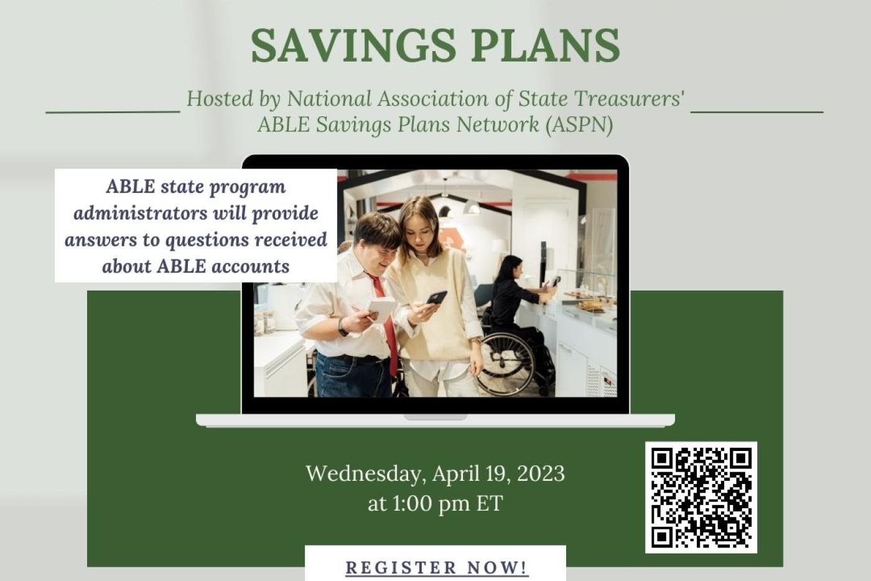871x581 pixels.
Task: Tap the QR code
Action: coord(701,497)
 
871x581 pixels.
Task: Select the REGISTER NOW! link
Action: coord(436,567)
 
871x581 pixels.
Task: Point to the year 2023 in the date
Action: coord(541,473)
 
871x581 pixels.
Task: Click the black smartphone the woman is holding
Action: coord(436,297)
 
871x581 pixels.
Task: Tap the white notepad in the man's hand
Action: coord(381,309)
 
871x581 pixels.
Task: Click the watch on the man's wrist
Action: coord(342,327)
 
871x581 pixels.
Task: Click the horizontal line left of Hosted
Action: coord(113,113)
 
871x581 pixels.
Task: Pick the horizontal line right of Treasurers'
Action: coord(757,112)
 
